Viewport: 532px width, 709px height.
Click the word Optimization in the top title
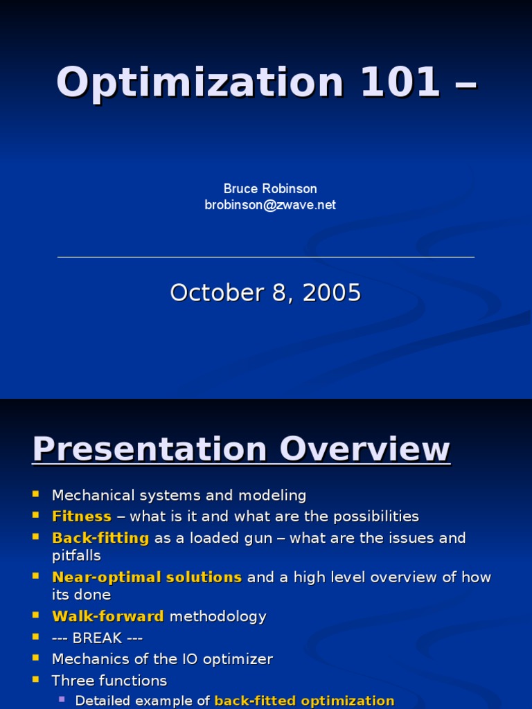200,82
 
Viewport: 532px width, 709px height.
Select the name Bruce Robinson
270,188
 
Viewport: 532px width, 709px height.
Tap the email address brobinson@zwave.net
270,205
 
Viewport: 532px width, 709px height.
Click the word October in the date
213,293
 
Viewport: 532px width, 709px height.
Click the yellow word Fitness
82,517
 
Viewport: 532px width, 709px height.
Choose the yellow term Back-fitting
100,538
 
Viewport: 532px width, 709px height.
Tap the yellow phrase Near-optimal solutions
147,577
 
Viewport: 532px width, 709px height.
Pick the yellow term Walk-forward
108,616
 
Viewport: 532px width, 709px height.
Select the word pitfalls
76,556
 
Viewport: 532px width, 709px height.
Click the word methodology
218,616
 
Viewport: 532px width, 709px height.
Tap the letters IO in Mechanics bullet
178,659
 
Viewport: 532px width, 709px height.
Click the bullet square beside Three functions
36,680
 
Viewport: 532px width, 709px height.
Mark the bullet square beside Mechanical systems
36,495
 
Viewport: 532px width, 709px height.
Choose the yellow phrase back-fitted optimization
305,701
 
